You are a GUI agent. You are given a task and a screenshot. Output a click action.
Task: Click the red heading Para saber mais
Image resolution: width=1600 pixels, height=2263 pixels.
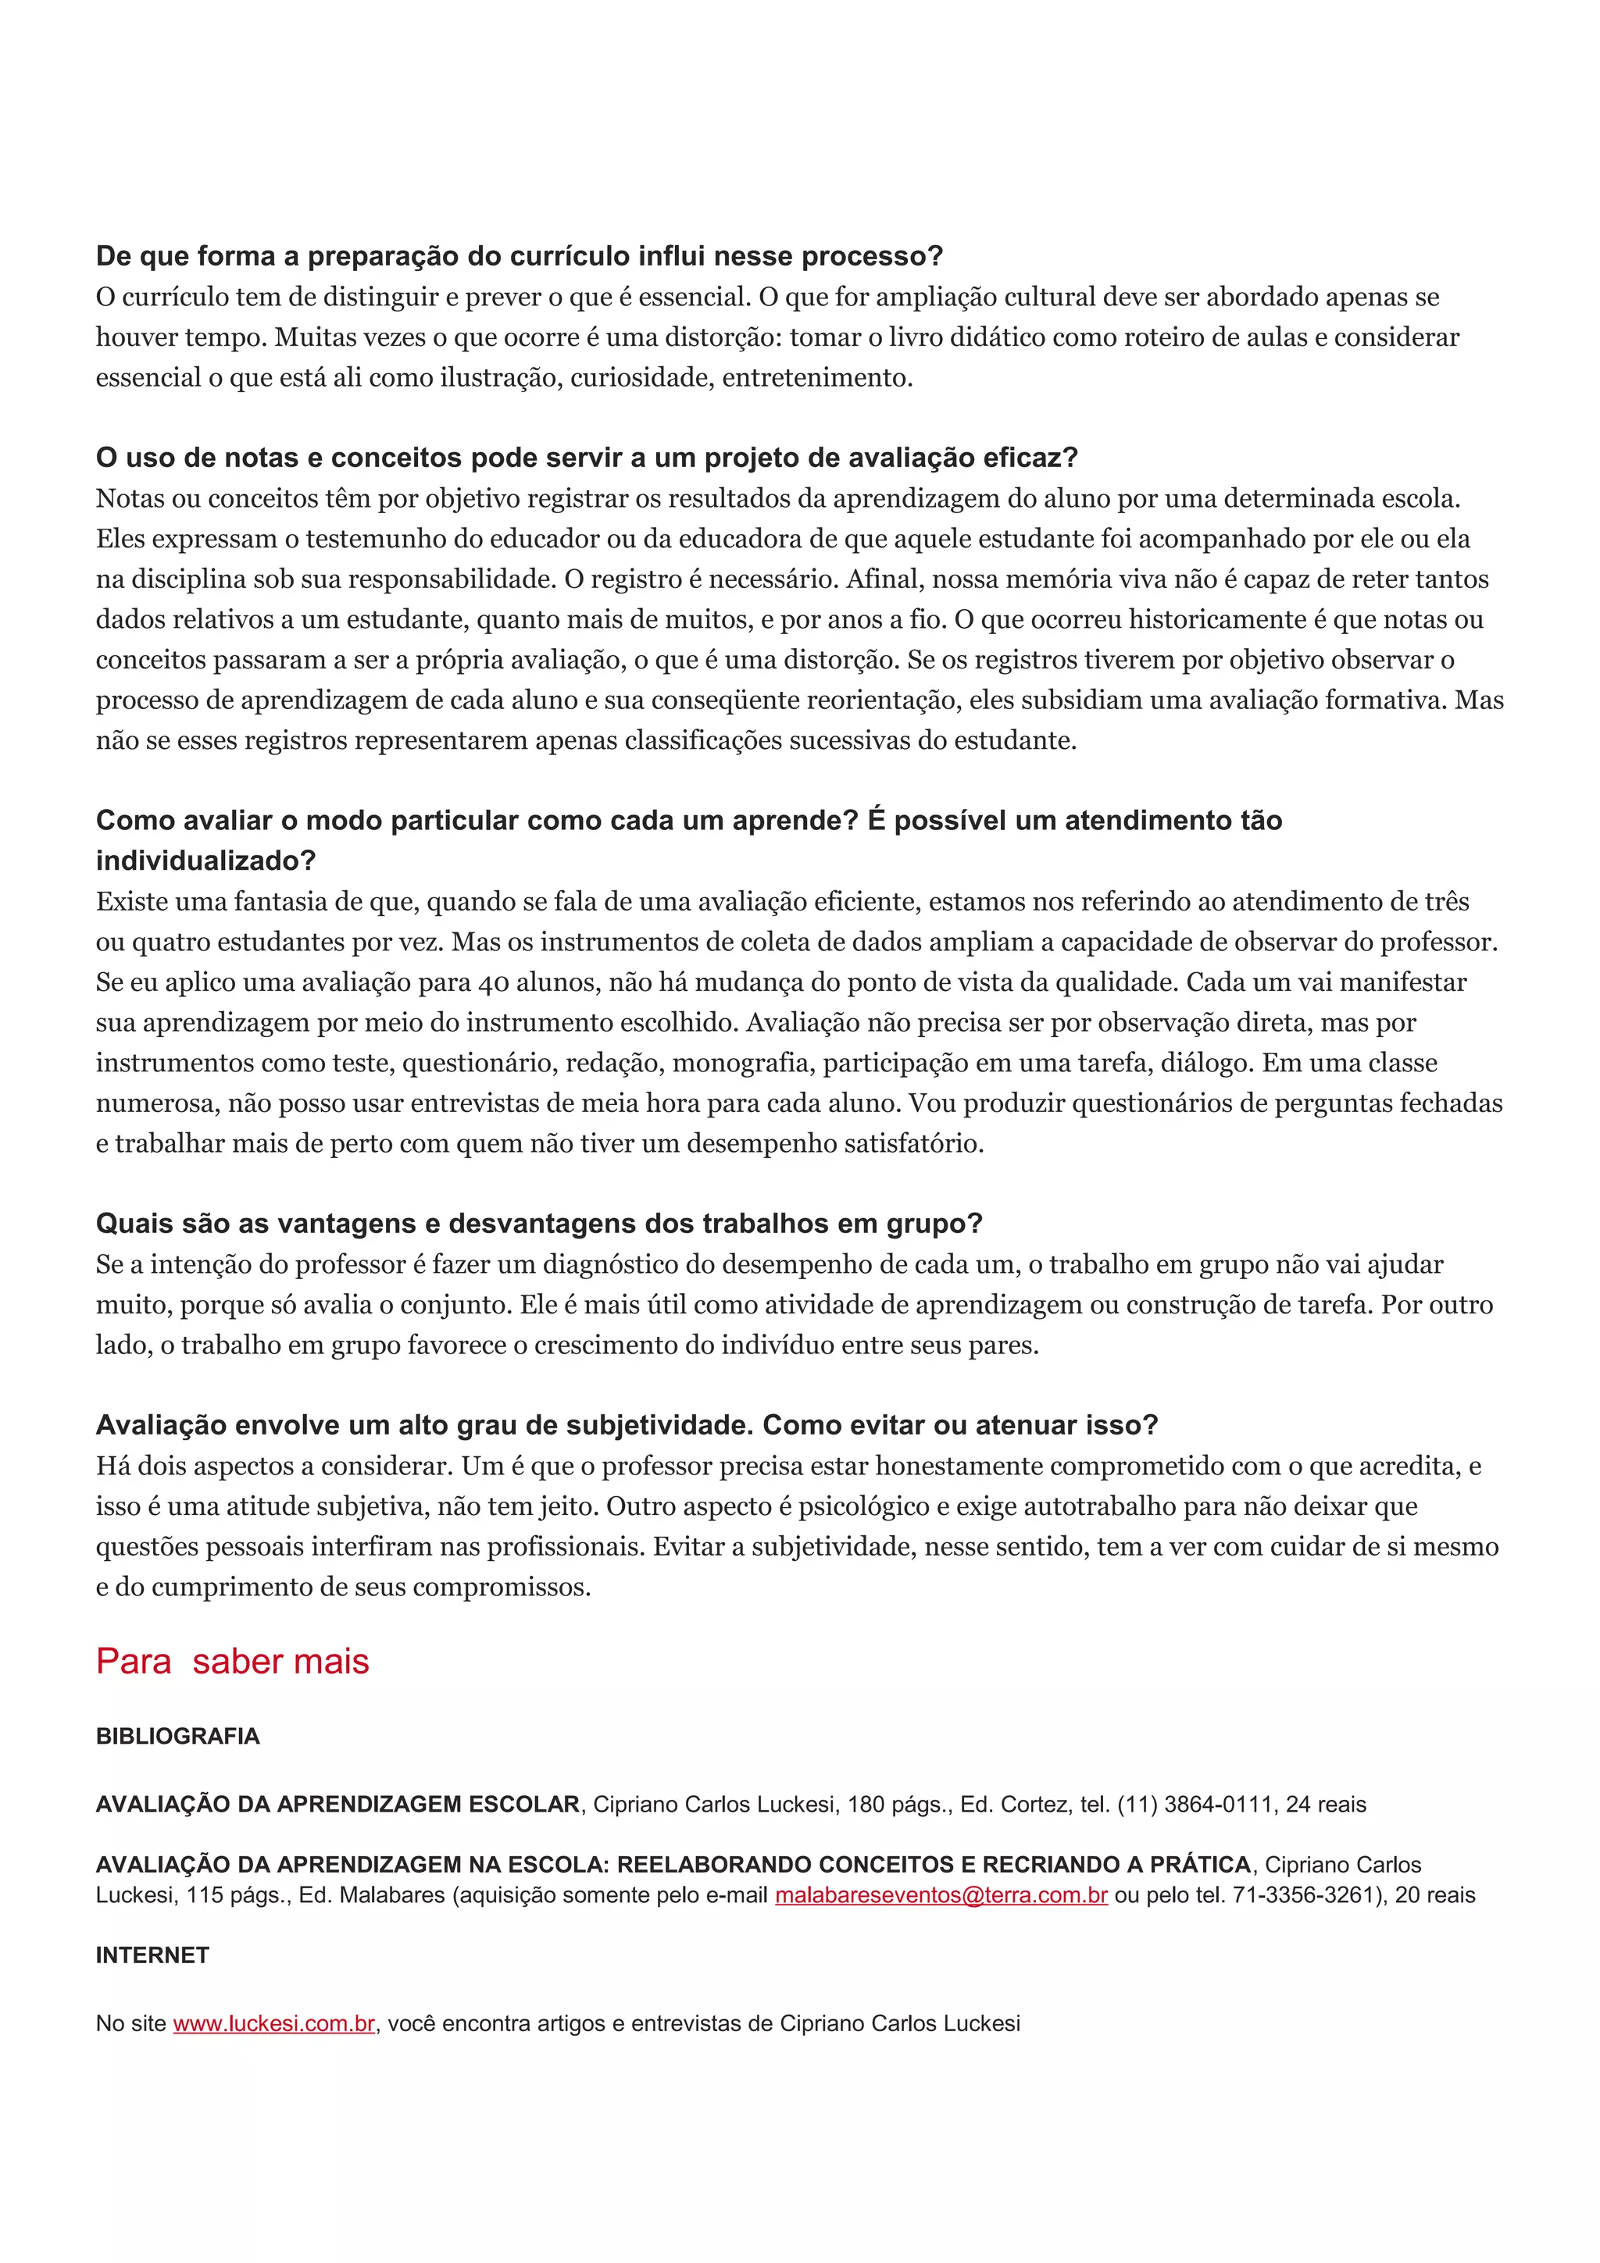tap(232, 1662)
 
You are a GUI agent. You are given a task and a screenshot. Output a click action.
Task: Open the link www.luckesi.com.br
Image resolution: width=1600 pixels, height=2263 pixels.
tap(274, 2023)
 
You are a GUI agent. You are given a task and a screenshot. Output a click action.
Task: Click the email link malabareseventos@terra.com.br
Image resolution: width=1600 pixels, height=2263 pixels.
tap(941, 1895)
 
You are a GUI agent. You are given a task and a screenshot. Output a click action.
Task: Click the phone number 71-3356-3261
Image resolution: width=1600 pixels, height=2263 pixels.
tap(1302, 1895)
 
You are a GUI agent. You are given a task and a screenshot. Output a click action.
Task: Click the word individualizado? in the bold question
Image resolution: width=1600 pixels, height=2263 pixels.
tap(205, 861)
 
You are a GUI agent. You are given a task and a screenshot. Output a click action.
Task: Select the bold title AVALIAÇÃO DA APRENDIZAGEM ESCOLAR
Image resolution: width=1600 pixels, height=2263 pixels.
tap(337, 1805)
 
